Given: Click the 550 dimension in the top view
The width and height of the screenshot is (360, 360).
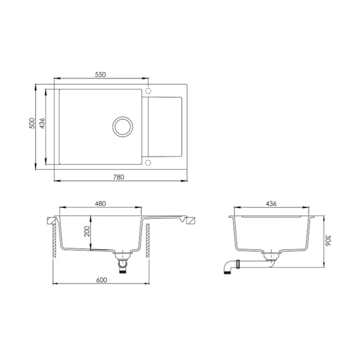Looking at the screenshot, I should point(100,75).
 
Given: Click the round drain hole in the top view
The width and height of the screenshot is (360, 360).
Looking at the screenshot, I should point(122,126).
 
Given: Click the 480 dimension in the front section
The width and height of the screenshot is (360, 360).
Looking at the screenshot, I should point(100,203).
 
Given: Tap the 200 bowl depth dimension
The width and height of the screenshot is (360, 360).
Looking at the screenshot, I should point(87,232).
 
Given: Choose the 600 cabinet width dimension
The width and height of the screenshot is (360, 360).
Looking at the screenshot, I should point(101,279).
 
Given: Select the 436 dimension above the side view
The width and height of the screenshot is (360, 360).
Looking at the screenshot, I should point(270,203).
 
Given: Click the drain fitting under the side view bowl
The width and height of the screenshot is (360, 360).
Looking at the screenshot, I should point(271,256).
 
